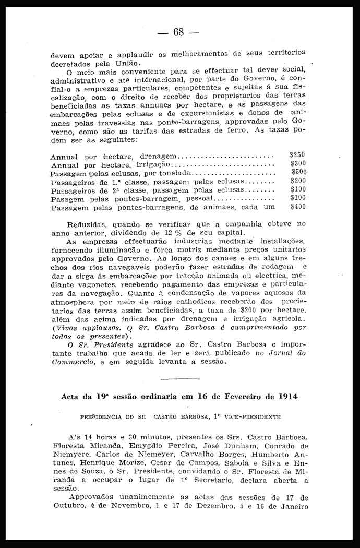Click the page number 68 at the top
[178, 32]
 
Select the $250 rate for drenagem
[297, 155]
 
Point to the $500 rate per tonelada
[298, 172]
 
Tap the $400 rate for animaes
[298, 206]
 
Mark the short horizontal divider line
[180, 378]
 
